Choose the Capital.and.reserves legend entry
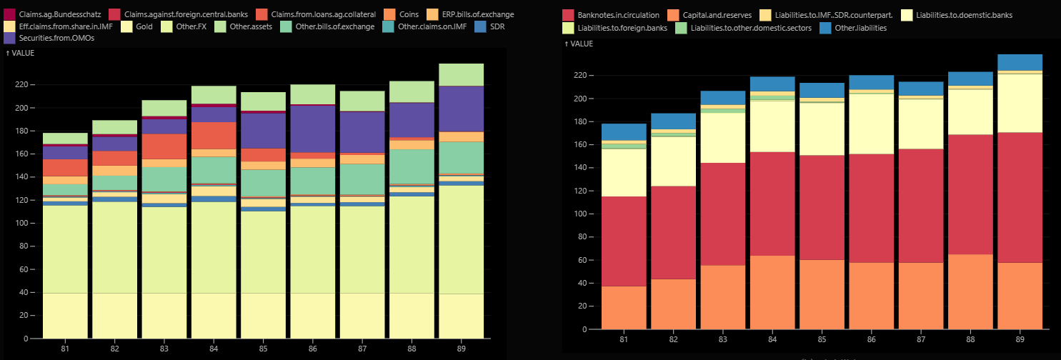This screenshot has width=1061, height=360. coord(707,14)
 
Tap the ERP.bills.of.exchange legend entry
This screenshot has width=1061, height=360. coord(472,14)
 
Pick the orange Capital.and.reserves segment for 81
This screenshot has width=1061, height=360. coord(624,307)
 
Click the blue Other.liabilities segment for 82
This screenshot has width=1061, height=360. coord(673,121)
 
